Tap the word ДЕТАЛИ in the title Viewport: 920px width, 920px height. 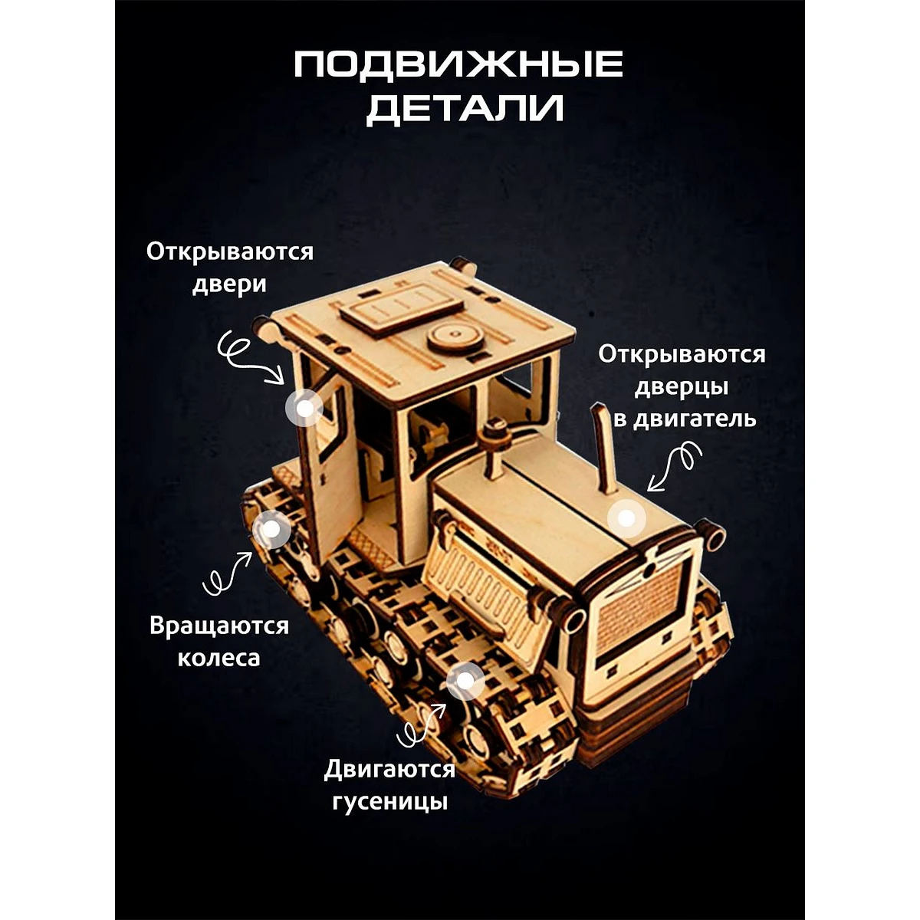tap(465, 110)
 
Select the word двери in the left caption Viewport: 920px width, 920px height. tap(229, 285)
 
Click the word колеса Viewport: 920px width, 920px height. tap(219, 658)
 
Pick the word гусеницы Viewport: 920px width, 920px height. tap(390, 802)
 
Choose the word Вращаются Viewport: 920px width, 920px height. tap(219, 626)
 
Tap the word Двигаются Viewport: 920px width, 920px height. tap(389, 770)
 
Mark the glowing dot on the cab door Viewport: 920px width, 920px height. tap(304, 408)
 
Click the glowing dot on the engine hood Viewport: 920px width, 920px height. tap(626, 517)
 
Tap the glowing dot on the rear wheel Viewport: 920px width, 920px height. tap(272, 528)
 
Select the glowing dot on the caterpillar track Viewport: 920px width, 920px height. tap(465, 681)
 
